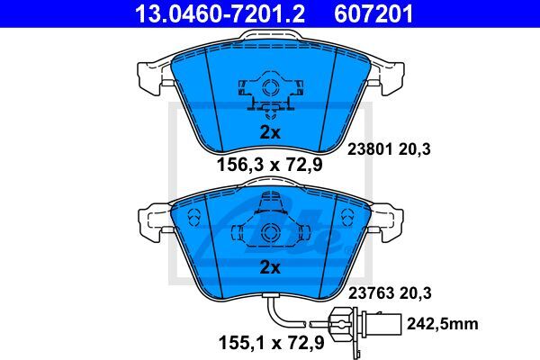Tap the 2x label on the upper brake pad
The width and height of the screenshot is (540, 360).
[x=270, y=131]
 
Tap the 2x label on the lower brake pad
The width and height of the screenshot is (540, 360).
[x=270, y=267]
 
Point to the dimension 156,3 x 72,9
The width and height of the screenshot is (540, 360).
[x=269, y=166]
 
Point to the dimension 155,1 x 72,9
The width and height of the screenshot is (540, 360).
[x=269, y=341]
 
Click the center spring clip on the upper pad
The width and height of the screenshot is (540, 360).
[x=269, y=91]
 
